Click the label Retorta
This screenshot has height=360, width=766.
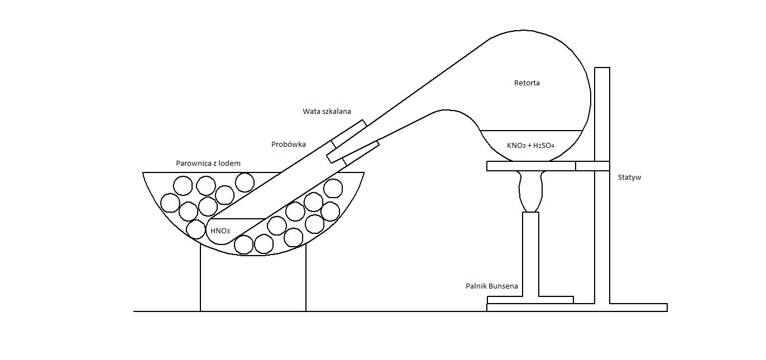click(526, 83)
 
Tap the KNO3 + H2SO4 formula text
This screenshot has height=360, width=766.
click(530, 146)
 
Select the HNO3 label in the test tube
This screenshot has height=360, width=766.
click(220, 231)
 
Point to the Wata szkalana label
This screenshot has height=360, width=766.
click(327, 112)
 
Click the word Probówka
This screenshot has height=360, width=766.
click(288, 144)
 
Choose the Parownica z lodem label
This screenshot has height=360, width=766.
click(208, 164)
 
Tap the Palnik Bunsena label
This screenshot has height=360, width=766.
click(492, 286)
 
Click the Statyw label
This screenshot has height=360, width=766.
click(629, 177)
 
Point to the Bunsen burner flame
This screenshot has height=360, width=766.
click(530, 191)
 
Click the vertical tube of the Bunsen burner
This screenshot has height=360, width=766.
click(531, 254)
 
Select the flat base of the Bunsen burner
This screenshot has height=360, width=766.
click(530, 300)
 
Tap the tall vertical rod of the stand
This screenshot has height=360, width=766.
click(602, 185)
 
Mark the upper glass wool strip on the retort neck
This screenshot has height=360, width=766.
click(349, 134)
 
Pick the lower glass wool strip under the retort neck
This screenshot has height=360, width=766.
click(353, 152)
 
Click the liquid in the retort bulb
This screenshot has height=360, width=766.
click(530, 145)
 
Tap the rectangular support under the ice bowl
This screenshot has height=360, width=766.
click(253, 283)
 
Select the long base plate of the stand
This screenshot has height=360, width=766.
click(577, 308)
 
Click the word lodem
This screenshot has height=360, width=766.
click(229, 164)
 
